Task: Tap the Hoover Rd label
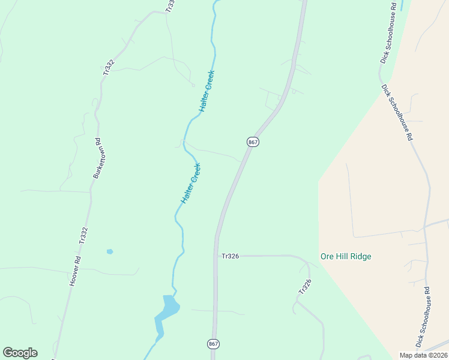(x=75, y=271)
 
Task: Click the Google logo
(x=20, y=353)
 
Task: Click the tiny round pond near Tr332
(x=109, y=251)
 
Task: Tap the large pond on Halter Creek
(x=167, y=307)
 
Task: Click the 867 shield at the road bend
(x=253, y=142)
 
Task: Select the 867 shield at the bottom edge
(x=214, y=344)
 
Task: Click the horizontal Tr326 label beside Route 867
(x=231, y=256)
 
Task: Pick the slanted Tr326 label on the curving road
(x=305, y=286)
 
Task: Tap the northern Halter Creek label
(x=206, y=91)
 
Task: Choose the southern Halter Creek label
(x=191, y=183)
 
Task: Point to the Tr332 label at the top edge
(x=170, y=5)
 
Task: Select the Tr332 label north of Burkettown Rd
(x=108, y=65)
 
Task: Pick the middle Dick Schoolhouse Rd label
(x=397, y=112)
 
